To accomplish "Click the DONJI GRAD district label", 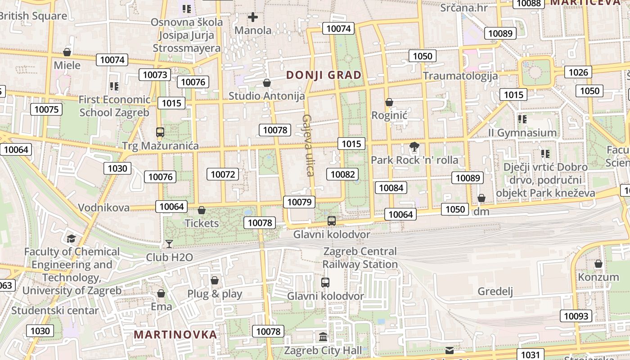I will tap(324, 75).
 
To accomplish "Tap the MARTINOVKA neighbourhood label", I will tap(175, 335).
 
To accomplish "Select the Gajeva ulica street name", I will tap(307, 145).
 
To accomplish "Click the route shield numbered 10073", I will tap(155, 75).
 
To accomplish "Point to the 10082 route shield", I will tap(343, 175).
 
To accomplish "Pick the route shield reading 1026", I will tap(578, 72).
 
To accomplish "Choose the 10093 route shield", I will tap(576, 316).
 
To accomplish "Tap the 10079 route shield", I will tap(300, 202).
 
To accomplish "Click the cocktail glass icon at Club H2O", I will tap(169, 244).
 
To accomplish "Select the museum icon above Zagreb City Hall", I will tap(323, 337).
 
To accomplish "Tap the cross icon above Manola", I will tap(253, 18).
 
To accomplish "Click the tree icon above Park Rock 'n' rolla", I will tap(414, 146).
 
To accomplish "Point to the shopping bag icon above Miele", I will tap(67, 52).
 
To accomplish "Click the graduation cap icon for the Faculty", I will tap(71, 238).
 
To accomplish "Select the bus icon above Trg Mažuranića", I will tap(160, 132).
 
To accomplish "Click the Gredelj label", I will tap(495, 291).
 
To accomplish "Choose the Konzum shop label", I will tap(598, 277).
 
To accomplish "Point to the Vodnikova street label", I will tap(104, 207).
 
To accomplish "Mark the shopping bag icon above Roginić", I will tap(389, 103).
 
